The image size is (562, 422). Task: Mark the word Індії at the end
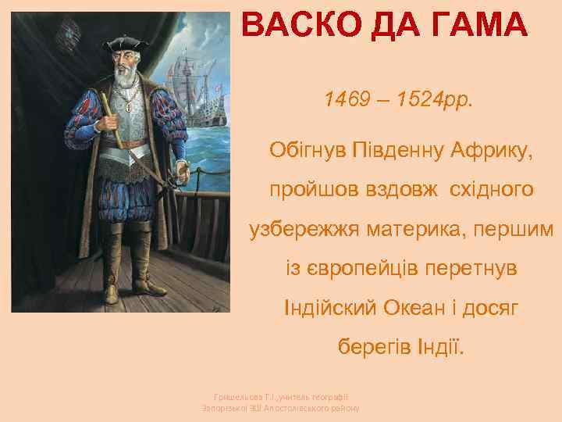tap(443, 349)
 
